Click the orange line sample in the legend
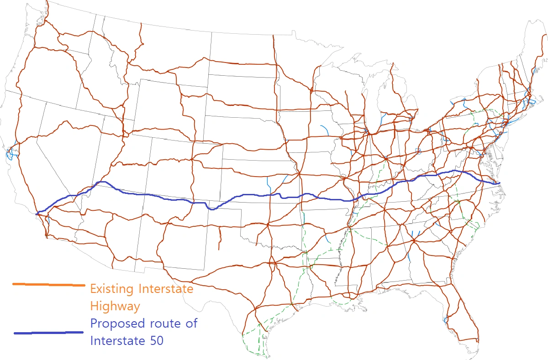point(48,285)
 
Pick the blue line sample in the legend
point(48,333)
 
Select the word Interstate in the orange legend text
point(166,289)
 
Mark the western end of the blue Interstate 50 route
point(36,213)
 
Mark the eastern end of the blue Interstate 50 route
point(500,183)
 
